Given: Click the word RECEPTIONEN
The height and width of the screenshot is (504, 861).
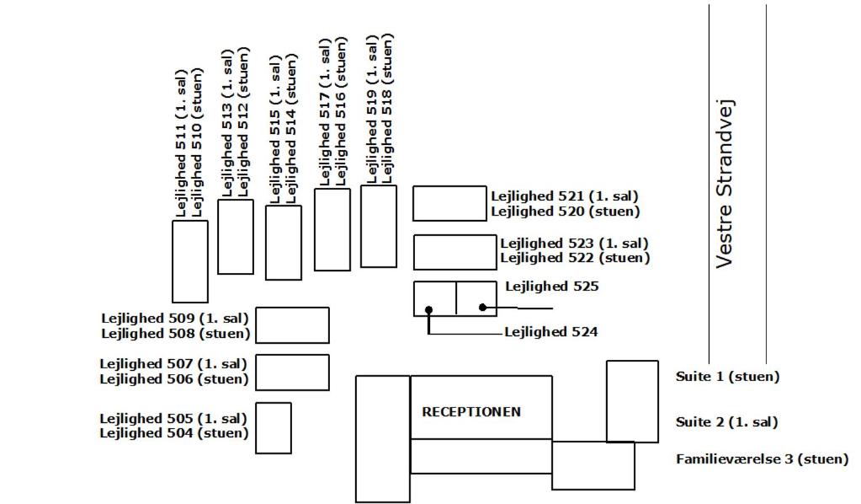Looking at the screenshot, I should click(x=470, y=412).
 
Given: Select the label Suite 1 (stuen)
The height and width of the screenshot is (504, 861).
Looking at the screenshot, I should click(x=727, y=377).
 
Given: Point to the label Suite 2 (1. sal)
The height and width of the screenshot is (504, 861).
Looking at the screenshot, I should click(x=726, y=422).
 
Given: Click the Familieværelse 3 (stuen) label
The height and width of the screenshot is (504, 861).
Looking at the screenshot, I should click(x=762, y=459).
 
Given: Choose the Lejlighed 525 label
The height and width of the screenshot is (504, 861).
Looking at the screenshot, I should click(x=551, y=287).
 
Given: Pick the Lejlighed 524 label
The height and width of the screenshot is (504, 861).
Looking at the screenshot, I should click(x=550, y=332).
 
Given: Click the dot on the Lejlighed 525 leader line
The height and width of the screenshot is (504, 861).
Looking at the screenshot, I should click(x=482, y=308).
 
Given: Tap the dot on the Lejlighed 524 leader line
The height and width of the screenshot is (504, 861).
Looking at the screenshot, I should click(x=428, y=310).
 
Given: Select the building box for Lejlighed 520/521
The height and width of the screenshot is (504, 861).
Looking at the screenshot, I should click(x=449, y=203).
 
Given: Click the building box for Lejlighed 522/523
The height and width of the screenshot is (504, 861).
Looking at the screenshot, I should click(x=454, y=252).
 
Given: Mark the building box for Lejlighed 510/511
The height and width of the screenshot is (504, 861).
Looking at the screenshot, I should click(x=189, y=261).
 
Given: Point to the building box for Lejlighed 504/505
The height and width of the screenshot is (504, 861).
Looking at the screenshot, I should click(x=273, y=427).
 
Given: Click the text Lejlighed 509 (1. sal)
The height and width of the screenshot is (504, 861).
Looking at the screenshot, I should click(x=175, y=319).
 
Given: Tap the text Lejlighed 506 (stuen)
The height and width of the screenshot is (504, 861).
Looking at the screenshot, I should click(x=174, y=379).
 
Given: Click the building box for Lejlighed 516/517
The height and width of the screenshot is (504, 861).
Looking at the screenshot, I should click(x=332, y=229).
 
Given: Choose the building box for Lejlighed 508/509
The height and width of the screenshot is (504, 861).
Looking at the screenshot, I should click(x=292, y=325).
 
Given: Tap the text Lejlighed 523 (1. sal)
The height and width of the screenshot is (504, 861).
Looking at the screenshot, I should click(x=574, y=244).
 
